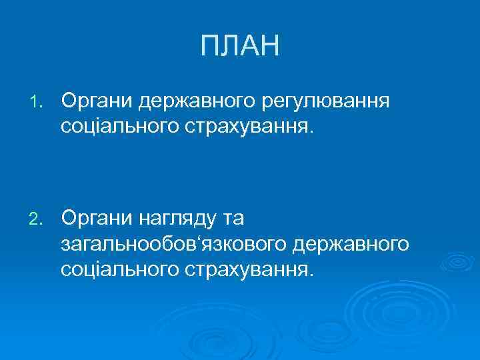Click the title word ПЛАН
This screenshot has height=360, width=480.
[240, 47]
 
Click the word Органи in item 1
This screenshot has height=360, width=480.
[97, 101]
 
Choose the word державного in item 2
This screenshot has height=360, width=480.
[350, 243]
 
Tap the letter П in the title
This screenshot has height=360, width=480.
[209, 47]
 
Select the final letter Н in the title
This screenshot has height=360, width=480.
[270, 47]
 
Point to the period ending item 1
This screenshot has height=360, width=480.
[309, 131]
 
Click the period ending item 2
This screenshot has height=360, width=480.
[309, 274]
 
